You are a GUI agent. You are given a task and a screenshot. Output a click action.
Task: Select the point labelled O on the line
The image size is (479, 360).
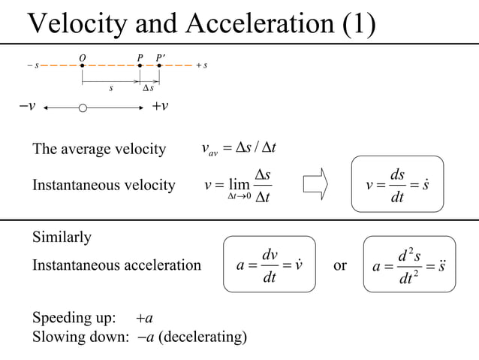tap(83, 65)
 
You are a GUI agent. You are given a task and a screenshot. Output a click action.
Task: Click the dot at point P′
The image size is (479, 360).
tap(159, 65)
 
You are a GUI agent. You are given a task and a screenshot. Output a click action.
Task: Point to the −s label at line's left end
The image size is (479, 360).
tap(33, 65)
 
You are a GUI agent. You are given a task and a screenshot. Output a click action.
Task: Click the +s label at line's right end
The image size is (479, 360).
tap(201, 65)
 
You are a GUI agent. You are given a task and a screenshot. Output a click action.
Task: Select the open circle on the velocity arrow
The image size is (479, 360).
tap(83, 108)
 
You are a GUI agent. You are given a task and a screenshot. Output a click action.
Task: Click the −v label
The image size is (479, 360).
tap(28, 105)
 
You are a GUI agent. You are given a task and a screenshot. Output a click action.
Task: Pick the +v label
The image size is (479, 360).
tap(160, 105)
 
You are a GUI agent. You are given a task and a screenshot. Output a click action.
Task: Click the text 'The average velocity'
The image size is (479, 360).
tap(98, 150)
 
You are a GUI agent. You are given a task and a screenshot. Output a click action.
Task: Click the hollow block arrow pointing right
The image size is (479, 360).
tap(316, 183)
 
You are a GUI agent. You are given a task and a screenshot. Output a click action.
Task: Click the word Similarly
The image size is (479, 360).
tap(62, 238)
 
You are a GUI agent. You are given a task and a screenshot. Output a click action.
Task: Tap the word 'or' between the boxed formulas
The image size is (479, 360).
tap(339, 265)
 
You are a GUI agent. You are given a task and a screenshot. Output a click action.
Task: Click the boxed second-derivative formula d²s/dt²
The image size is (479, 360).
tap(408, 266)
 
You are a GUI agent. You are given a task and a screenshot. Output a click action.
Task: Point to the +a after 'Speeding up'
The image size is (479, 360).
tap(146, 316)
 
